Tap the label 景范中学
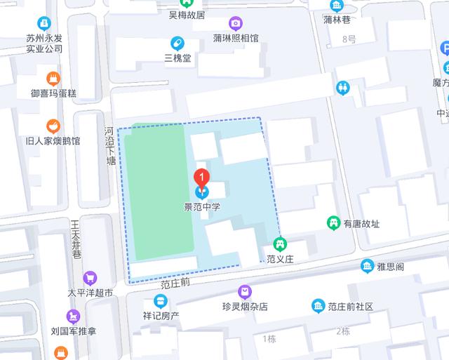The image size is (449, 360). [202, 206]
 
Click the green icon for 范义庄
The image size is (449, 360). [279, 244]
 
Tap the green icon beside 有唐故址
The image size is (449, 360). [334, 223]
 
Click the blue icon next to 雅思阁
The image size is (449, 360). [366, 266]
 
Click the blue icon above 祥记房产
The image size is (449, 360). [161, 302]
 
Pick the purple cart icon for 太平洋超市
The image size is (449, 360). [89, 278]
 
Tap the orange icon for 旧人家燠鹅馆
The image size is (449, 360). [53, 126]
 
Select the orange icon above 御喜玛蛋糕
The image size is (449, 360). [53, 78]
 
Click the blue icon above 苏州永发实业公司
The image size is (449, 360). [45, 23]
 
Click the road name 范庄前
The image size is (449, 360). [175, 285]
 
